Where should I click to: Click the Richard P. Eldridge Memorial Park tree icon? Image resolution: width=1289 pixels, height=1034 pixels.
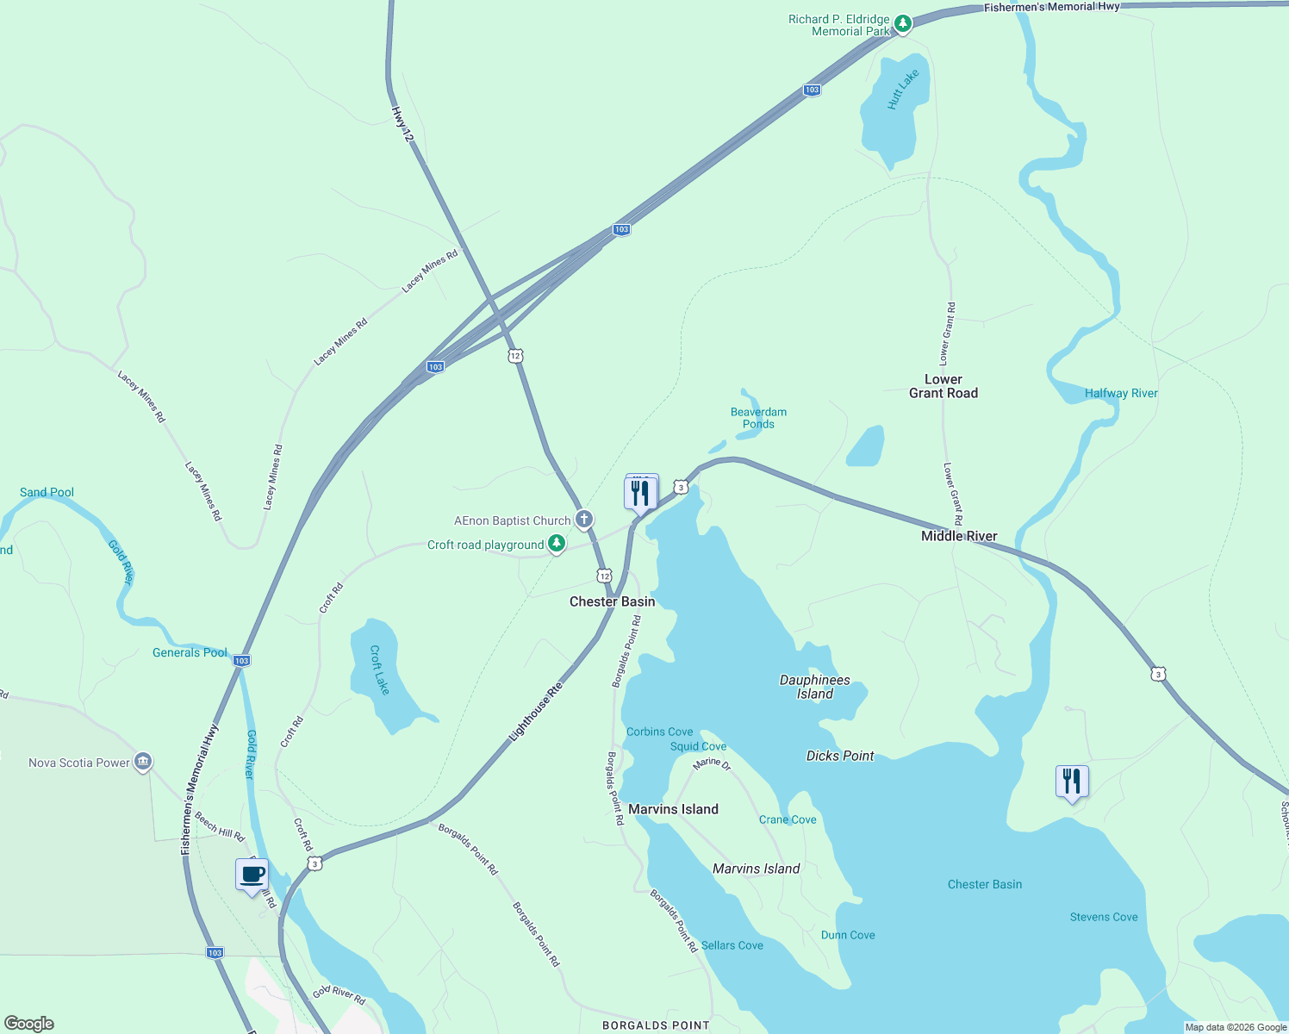pyautogui.click(x=902, y=23)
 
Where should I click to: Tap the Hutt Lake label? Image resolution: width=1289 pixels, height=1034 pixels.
pyautogui.click(x=903, y=89)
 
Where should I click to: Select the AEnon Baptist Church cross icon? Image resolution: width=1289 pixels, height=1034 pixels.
pyautogui.click(x=584, y=519)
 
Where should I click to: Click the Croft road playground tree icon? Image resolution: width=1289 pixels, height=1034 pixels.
pyautogui.click(x=557, y=544)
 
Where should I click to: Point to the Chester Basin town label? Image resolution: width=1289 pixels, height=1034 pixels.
pyautogui.click(x=612, y=601)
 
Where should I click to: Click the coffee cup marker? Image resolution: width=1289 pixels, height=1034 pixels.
pyautogui.click(x=252, y=875)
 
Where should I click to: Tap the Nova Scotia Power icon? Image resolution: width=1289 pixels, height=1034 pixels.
pyautogui.click(x=143, y=762)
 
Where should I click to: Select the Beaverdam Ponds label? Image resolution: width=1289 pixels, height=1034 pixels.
pyautogui.click(x=758, y=418)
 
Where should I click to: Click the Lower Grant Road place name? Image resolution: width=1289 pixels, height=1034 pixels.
pyautogui.click(x=943, y=386)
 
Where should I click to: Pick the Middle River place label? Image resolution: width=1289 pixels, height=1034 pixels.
pyautogui.click(x=959, y=536)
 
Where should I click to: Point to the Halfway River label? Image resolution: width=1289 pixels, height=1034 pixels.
pyautogui.click(x=1121, y=393)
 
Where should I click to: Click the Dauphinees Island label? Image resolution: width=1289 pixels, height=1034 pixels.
pyautogui.click(x=814, y=687)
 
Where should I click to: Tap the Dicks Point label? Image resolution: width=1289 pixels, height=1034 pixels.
pyautogui.click(x=840, y=756)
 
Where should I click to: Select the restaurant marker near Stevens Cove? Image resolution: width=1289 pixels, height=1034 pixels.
pyautogui.click(x=1072, y=782)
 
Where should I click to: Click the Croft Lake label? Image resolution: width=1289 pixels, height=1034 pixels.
pyautogui.click(x=380, y=670)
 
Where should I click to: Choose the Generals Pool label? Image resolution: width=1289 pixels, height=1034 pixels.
pyautogui.click(x=190, y=652)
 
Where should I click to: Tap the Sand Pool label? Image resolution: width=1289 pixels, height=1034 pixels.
pyautogui.click(x=47, y=492)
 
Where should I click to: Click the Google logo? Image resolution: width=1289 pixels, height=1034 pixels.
pyautogui.click(x=29, y=1024)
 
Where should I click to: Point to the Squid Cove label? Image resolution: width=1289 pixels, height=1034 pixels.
pyautogui.click(x=698, y=746)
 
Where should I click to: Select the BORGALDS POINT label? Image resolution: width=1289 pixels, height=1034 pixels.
pyautogui.click(x=655, y=1025)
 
